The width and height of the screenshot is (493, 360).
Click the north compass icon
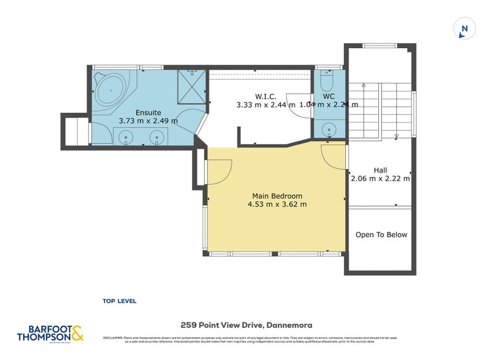465,28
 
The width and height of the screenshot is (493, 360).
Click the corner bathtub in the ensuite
111,91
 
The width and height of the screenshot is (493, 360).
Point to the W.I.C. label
265,97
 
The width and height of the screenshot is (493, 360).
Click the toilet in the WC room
328,83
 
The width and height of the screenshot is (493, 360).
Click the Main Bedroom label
277,196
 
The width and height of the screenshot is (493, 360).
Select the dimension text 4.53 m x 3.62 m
277,205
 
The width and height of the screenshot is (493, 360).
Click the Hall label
380,170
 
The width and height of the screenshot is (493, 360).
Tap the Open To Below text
381,235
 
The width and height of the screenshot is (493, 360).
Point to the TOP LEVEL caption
120,301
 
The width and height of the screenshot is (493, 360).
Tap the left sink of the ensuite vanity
127,137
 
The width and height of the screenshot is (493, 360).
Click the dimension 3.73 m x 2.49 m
148,121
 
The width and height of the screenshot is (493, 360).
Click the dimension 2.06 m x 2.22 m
380,179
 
